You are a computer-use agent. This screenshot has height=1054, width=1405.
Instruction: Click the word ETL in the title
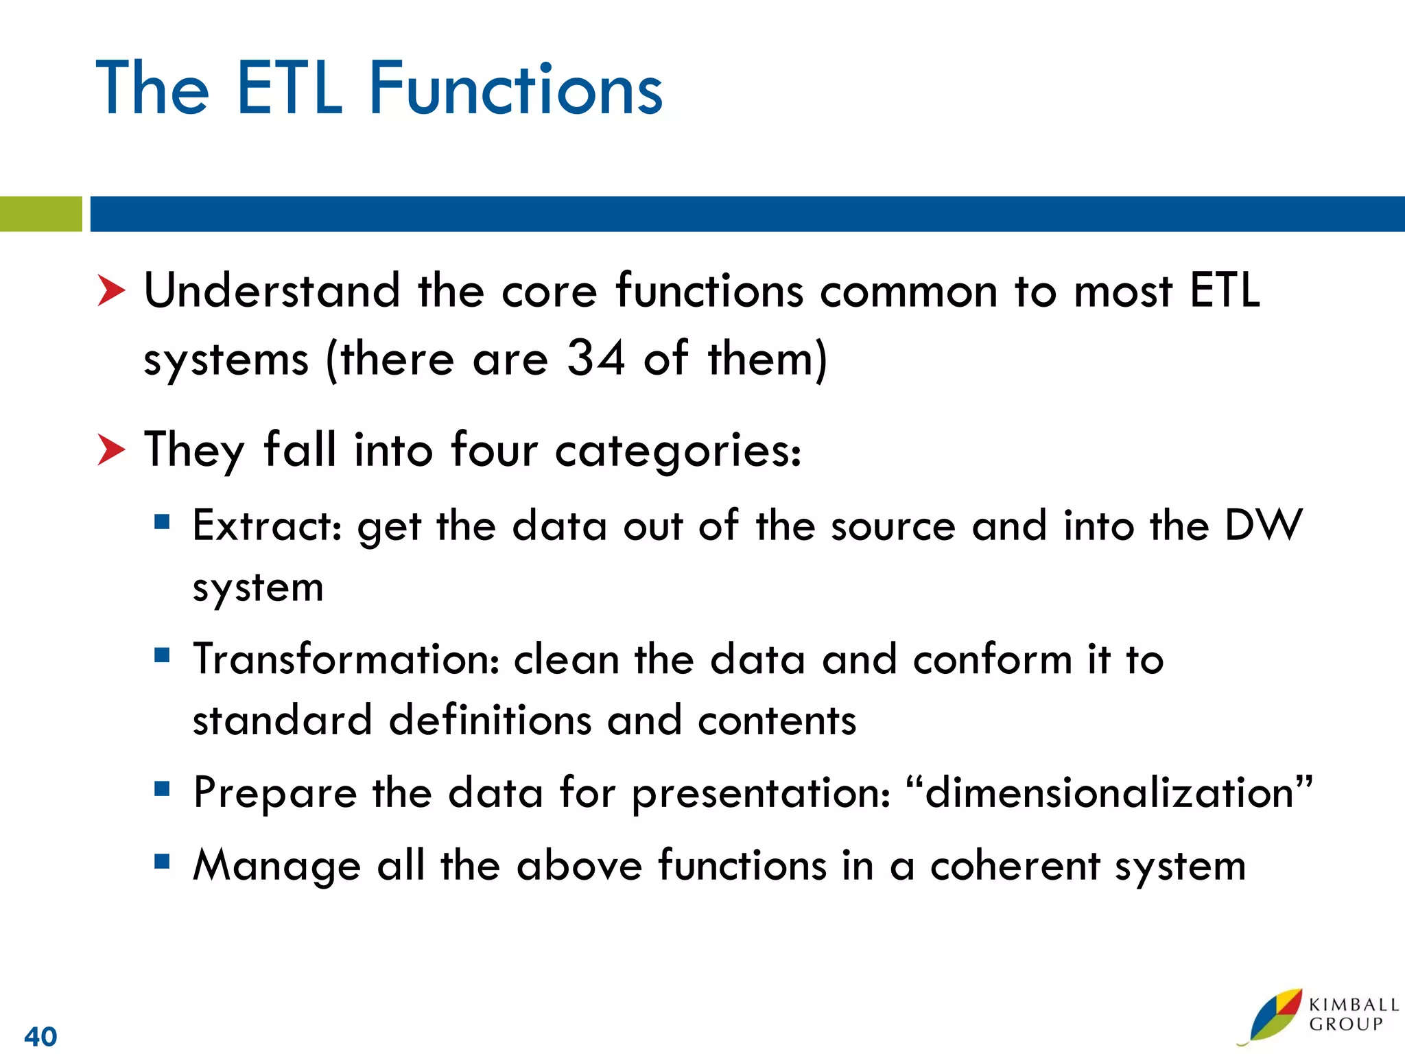point(289,89)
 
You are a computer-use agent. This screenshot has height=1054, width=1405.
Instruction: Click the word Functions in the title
point(516,89)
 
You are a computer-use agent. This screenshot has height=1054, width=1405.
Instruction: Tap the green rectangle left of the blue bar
point(40,213)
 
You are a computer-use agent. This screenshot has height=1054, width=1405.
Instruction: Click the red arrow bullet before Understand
point(111,290)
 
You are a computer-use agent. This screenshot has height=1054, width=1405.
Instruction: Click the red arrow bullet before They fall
point(111,449)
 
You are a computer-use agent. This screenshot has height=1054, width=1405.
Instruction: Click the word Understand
point(272,290)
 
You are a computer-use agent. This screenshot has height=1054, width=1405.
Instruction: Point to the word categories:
point(678,452)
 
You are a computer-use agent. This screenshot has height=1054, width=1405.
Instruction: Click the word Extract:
point(267,526)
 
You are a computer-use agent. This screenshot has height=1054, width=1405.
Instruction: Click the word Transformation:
point(346,659)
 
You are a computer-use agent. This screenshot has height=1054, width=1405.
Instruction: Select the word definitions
point(490,721)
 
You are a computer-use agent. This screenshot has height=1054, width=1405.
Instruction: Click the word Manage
point(276,866)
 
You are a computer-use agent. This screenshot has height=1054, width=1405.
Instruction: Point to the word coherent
point(1015,866)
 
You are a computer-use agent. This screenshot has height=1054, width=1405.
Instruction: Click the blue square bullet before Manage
point(162,861)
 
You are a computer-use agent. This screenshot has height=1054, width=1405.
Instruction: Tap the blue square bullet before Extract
point(162,522)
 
